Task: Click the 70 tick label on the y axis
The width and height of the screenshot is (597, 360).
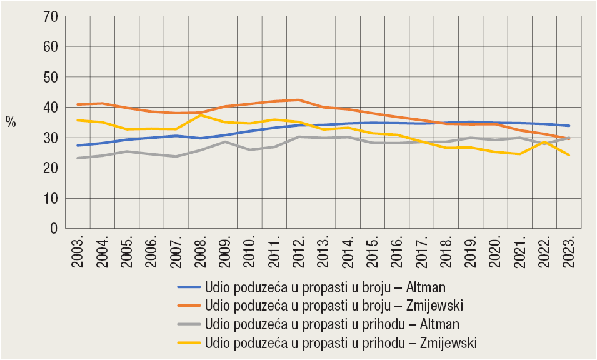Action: click(49, 16)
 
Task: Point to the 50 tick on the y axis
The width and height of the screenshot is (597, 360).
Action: click(49, 77)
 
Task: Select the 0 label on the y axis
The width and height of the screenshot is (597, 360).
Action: click(54, 229)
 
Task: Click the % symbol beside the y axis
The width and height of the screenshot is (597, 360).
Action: click(11, 122)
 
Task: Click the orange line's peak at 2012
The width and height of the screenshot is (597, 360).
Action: click(299, 100)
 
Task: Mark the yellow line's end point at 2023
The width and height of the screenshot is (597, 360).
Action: click(569, 155)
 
